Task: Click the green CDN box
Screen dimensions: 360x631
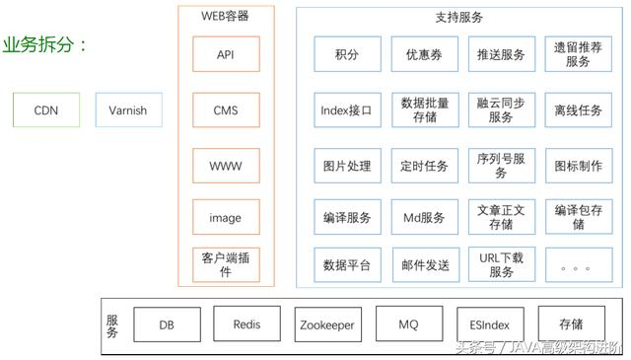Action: click(46, 110)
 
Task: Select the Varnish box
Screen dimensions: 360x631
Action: click(128, 110)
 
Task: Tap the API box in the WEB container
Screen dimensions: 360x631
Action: click(225, 56)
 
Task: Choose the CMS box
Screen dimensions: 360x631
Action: click(225, 110)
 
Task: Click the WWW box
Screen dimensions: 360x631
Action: click(225, 165)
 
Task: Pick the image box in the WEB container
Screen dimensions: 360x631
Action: click(225, 218)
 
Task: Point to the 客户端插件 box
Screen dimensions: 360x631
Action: click(225, 264)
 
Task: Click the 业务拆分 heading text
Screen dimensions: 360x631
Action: click(44, 45)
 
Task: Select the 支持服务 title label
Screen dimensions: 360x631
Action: click(458, 18)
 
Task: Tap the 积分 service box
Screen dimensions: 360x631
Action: click(347, 55)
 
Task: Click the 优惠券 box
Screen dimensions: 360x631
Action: click(425, 55)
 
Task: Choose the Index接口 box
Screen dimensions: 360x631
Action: click(347, 110)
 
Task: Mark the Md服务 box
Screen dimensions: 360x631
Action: click(425, 217)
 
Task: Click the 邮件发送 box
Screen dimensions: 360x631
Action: click(425, 265)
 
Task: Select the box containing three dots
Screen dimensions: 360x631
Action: click(578, 265)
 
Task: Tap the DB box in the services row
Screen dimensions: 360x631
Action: click(166, 324)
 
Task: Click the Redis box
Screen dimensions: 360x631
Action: click(246, 324)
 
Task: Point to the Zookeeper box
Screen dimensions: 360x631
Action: click(327, 324)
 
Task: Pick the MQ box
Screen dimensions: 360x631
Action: click(408, 324)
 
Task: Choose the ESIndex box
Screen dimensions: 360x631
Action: click(489, 324)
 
